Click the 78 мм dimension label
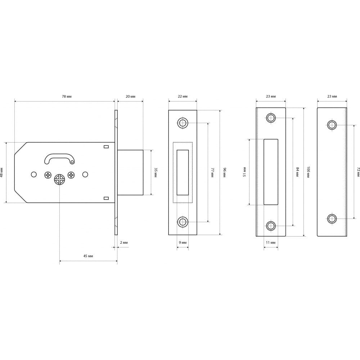[x=67, y=96]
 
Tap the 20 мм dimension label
[x=130, y=96]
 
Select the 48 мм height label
[x=1, y=172]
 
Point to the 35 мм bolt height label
[x=156, y=173]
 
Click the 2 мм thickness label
[x=124, y=242]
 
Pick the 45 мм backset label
[x=88, y=256]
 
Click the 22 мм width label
[x=183, y=96]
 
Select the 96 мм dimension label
[x=225, y=173]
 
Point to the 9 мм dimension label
[x=183, y=242]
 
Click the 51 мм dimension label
[x=244, y=172]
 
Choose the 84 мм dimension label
[x=298, y=172]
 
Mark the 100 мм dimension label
[x=309, y=172]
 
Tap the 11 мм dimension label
[x=271, y=242]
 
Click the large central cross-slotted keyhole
[x=60, y=179]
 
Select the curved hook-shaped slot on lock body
[x=59, y=159]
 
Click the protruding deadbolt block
[x=130, y=172]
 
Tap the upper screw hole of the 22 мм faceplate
[x=183, y=123]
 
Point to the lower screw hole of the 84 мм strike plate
[x=271, y=226]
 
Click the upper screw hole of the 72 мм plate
[x=332, y=125]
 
